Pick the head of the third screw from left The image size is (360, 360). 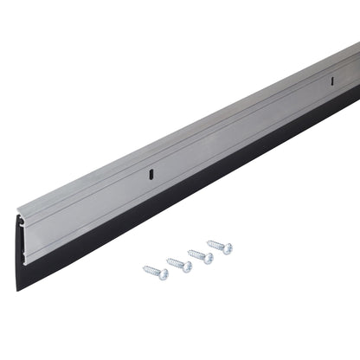[x=207, y=258]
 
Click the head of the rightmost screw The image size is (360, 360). [x=227, y=248]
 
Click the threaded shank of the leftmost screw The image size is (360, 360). [x=153, y=270]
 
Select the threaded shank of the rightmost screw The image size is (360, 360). [x=217, y=245]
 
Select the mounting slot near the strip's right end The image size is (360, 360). [x=330, y=82]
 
